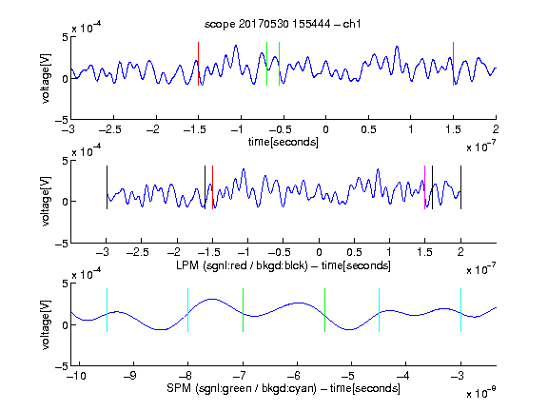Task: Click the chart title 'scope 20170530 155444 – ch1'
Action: coord(283,24)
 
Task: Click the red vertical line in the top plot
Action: coord(198,64)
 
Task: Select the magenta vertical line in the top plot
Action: coord(453,64)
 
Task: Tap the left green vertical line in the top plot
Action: coord(266,64)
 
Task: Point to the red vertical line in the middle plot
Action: coord(212,187)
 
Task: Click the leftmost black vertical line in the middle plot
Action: coord(107,187)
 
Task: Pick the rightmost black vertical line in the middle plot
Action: coord(461,187)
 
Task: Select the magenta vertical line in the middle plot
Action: coord(424,187)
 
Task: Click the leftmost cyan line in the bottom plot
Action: coord(107,310)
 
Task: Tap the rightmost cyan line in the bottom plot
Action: coord(461,310)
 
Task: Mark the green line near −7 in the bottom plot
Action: coord(243,310)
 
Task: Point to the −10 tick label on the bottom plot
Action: coord(76,376)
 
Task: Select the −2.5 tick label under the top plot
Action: coord(110,129)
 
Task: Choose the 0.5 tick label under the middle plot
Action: coord(354,252)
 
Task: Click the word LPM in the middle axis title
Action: coord(187,265)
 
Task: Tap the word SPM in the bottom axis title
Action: coord(179,388)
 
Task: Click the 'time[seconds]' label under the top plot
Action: coord(284,142)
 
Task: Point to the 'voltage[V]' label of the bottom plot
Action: coord(46,325)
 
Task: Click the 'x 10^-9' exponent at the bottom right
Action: coord(480,393)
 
